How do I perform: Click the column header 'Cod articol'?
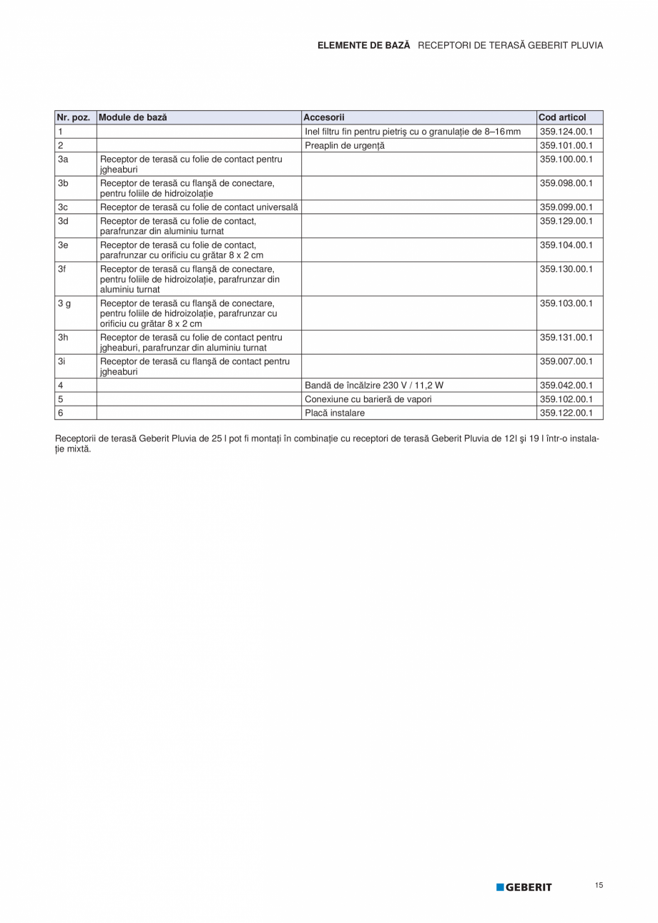click(x=562, y=117)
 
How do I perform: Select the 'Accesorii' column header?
click(x=324, y=117)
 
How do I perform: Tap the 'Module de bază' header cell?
click(x=133, y=117)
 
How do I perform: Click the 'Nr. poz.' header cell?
click(x=73, y=117)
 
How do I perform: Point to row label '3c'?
click(x=63, y=207)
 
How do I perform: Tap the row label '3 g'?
click(x=64, y=303)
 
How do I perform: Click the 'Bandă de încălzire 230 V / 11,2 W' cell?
click(x=374, y=385)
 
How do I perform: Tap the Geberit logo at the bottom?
click(x=524, y=887)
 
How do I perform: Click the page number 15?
click(x=599, y=886)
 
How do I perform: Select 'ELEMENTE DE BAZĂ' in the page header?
click(x=364, y=45)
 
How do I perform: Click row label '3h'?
click(x=63, y=337)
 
